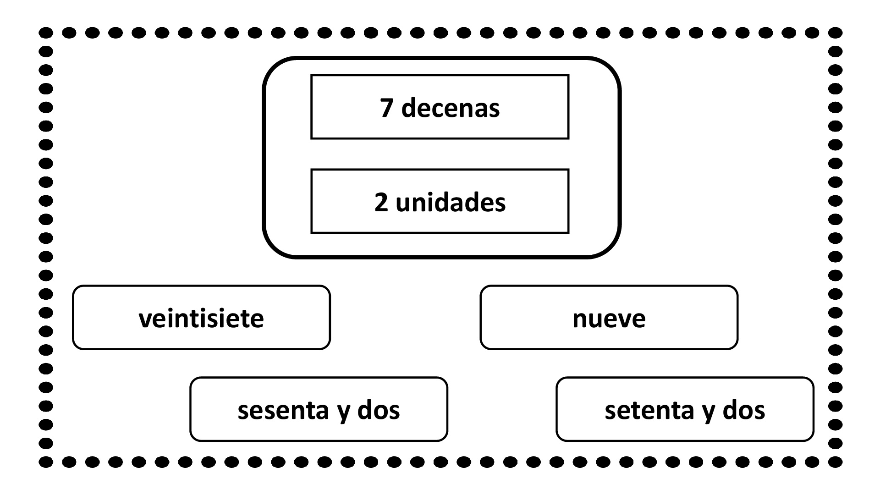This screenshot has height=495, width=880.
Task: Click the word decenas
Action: [451, 108]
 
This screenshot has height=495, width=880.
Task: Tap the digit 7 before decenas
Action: [387, 109]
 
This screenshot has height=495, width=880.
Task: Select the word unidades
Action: [451, 202]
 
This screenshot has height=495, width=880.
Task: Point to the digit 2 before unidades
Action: [381, 203]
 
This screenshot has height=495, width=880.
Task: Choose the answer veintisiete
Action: [201, 318]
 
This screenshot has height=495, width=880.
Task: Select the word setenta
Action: [649, 411]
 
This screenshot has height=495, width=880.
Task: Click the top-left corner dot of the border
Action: [46, 33]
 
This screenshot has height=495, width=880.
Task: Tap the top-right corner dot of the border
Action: [836, 33]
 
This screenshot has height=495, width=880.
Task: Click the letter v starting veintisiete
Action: [146, 319]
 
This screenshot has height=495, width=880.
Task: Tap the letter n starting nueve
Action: [580, 319]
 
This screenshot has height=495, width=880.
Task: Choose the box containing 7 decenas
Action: [440, 107]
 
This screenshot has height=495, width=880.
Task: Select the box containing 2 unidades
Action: [440, 201]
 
